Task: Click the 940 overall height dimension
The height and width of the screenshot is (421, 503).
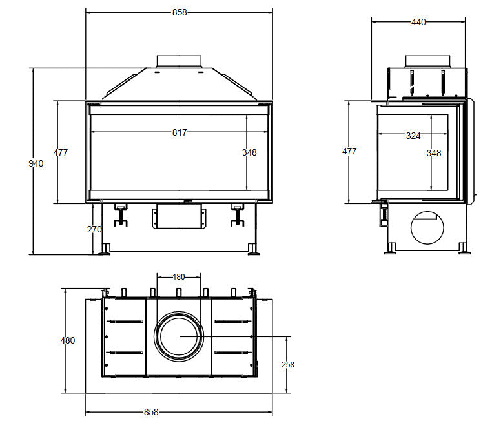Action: point(36,163)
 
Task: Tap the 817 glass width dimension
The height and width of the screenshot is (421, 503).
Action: point(180,132)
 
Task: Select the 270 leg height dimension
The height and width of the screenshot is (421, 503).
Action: point(94,229)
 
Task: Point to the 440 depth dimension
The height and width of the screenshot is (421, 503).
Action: point(418,22)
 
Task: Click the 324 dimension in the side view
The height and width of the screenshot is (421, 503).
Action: point(413,136)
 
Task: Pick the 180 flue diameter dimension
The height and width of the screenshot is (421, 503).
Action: point(179,277)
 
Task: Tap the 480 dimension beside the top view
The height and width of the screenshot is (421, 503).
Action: point(68,340)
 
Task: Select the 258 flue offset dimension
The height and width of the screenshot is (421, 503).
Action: point(288,365)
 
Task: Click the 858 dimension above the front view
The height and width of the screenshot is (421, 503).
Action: point(180,12)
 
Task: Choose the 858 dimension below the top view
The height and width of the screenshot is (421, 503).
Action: point(151,412)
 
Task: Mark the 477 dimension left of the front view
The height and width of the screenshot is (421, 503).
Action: point(60,152)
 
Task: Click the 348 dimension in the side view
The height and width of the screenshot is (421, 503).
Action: point(434,154)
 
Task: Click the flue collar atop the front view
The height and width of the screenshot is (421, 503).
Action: point(179,61)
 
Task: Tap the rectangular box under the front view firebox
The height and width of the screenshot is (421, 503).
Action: point(179,216)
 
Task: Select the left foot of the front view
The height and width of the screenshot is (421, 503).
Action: point(104,249)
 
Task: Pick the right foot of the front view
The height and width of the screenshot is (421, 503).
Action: point(253,249)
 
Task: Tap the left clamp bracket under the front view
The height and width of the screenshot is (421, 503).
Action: point(121,214)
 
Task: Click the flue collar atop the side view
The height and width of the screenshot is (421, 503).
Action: point(427,61)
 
